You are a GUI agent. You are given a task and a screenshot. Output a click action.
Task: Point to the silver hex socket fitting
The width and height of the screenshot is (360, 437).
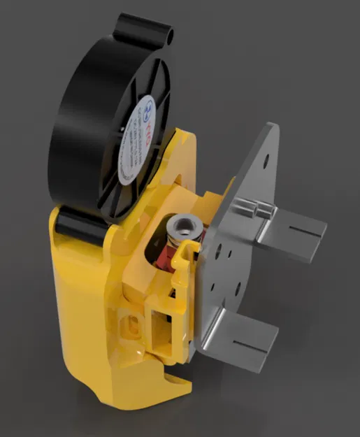pos(184,228)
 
